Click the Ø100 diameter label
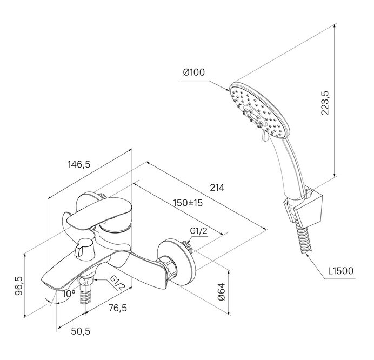click(193, 72)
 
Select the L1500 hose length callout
click(340, 271)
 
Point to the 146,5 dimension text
click(79, 164)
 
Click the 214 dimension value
click(217, 188)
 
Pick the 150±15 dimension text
click(188, 203)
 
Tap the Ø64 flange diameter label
click(222, 292)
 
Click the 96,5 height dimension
click(18, 286)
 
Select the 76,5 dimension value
click(118, 308)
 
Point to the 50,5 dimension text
click(81, 331)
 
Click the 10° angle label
click(69, 294)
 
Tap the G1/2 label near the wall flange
click(199, 231)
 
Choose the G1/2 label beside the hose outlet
click(117, 283)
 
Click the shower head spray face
click(259, 110)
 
